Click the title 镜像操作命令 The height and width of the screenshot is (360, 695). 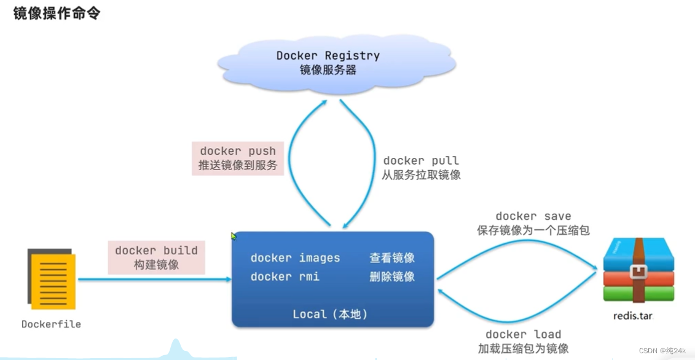click(57, 14)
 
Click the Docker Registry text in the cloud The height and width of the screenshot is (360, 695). click(328, 55)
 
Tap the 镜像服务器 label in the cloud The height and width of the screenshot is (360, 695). click(328, 69)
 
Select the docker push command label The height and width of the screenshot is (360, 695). click(238, 151)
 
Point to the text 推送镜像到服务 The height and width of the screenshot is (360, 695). click(238, 165)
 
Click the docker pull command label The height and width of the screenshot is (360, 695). click(420, 161)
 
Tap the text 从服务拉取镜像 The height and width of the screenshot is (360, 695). click(421, 175)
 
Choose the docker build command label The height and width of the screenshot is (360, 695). click(156, 250)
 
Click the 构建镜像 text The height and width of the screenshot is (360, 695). click(156, 265)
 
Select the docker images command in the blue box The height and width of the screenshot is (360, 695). click(295, 258)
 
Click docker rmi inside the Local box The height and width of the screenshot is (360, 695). click(285, 276)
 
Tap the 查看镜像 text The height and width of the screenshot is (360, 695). click(392, 258)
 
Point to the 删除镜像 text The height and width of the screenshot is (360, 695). click(392, 276)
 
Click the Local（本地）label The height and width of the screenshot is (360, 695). click(330, 314)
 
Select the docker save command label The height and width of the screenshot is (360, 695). click(533, 216)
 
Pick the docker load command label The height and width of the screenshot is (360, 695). click(523, 334)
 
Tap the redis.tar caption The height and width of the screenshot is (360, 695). click(632, 316)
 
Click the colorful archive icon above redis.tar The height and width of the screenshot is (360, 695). click(638, 270)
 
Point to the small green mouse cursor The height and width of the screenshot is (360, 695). click(234, 236)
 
